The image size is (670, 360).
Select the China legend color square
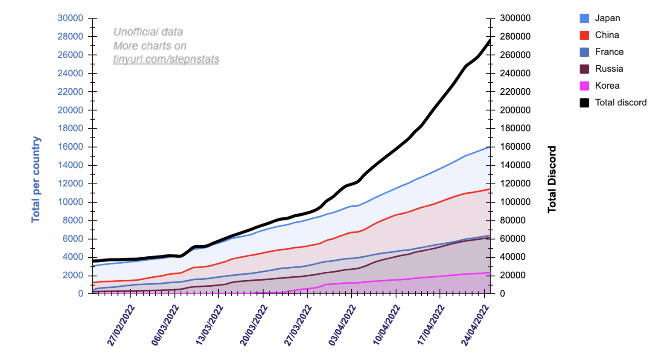tap(584, 35)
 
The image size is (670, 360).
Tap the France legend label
tap(609, 52)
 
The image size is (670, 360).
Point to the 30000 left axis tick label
tap(70, 18)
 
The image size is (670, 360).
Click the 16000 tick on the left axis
tap(70, 147)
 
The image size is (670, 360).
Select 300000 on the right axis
tap(515, 18)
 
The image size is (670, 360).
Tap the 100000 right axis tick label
tap(515, 202)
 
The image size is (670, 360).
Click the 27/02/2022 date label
tap(121, 325)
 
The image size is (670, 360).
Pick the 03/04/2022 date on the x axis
tap(342, 325)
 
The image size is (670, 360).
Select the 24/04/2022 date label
tap(475, 325)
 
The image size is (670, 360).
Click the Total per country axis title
tap(36, 180)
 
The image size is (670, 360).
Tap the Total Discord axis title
tap(552, 180)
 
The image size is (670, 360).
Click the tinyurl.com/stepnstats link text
tap(166, 59)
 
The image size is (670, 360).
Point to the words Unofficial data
tap(148, 32)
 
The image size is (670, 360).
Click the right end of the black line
tap(489, 41)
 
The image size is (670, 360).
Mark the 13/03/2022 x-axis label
tap(210, 325)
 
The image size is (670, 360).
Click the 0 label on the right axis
tap(502, 293)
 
